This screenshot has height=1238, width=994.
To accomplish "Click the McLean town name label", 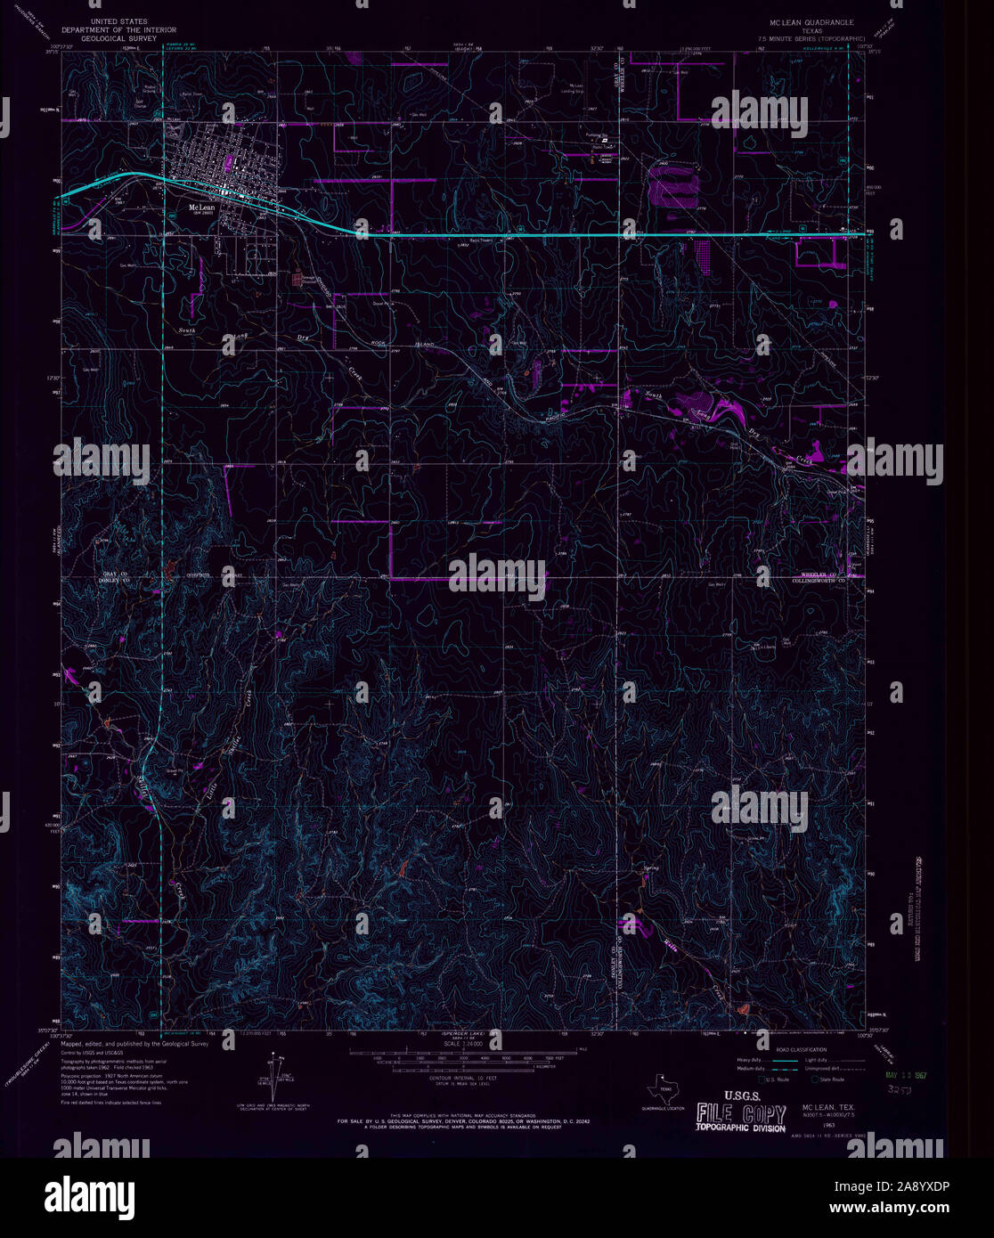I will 198,207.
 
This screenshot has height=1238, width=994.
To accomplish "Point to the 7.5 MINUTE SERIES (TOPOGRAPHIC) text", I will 811,39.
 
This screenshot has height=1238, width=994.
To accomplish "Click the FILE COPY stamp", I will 741,1114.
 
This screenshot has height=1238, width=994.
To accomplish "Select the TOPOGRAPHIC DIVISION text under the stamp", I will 741,1129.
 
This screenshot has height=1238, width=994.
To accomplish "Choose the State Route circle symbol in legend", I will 813,1079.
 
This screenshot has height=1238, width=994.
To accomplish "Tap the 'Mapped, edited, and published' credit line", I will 134,1042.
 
